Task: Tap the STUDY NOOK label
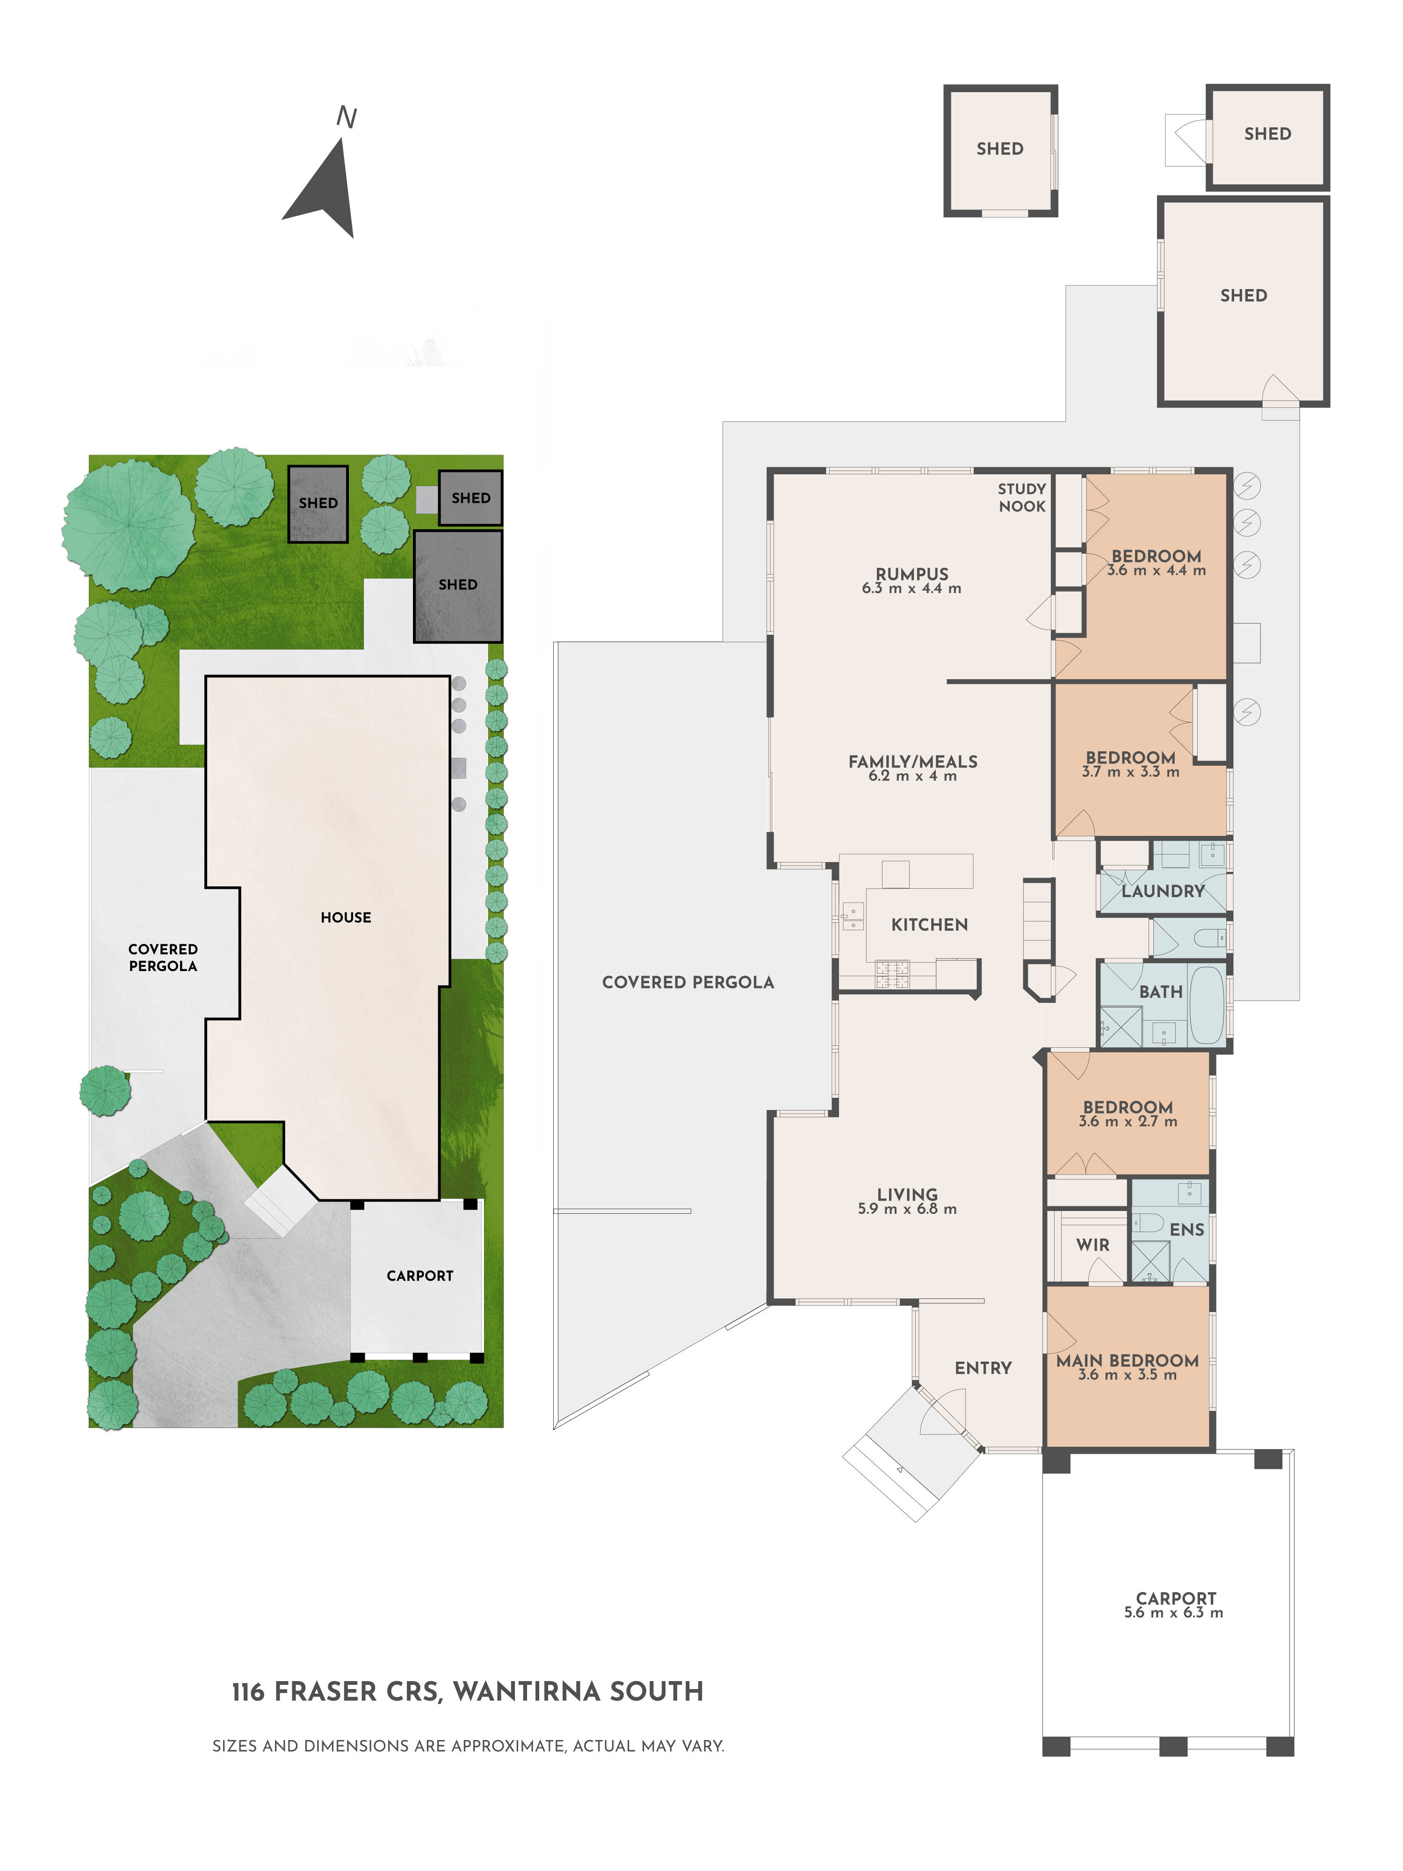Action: click(x=1021, y=497)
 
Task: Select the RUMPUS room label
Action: click(x=911, y=573)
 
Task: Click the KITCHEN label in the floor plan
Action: click(x=929, y=924)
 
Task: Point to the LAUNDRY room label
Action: click(x=1163, y=891)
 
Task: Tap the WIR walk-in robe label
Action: click(x=1092, y=1244)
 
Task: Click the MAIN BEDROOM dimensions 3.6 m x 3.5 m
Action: click(x=1127, y=1375)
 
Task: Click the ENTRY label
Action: click(x=983, y=1368)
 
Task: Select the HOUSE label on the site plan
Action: click(x=345, y=917)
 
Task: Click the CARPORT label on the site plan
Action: click(x=419, y=1276)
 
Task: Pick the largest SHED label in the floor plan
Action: click(x=1242, y=295)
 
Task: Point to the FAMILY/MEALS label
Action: click(x=912, y=761)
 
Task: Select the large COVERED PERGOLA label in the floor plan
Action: click(x=687, y=982)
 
